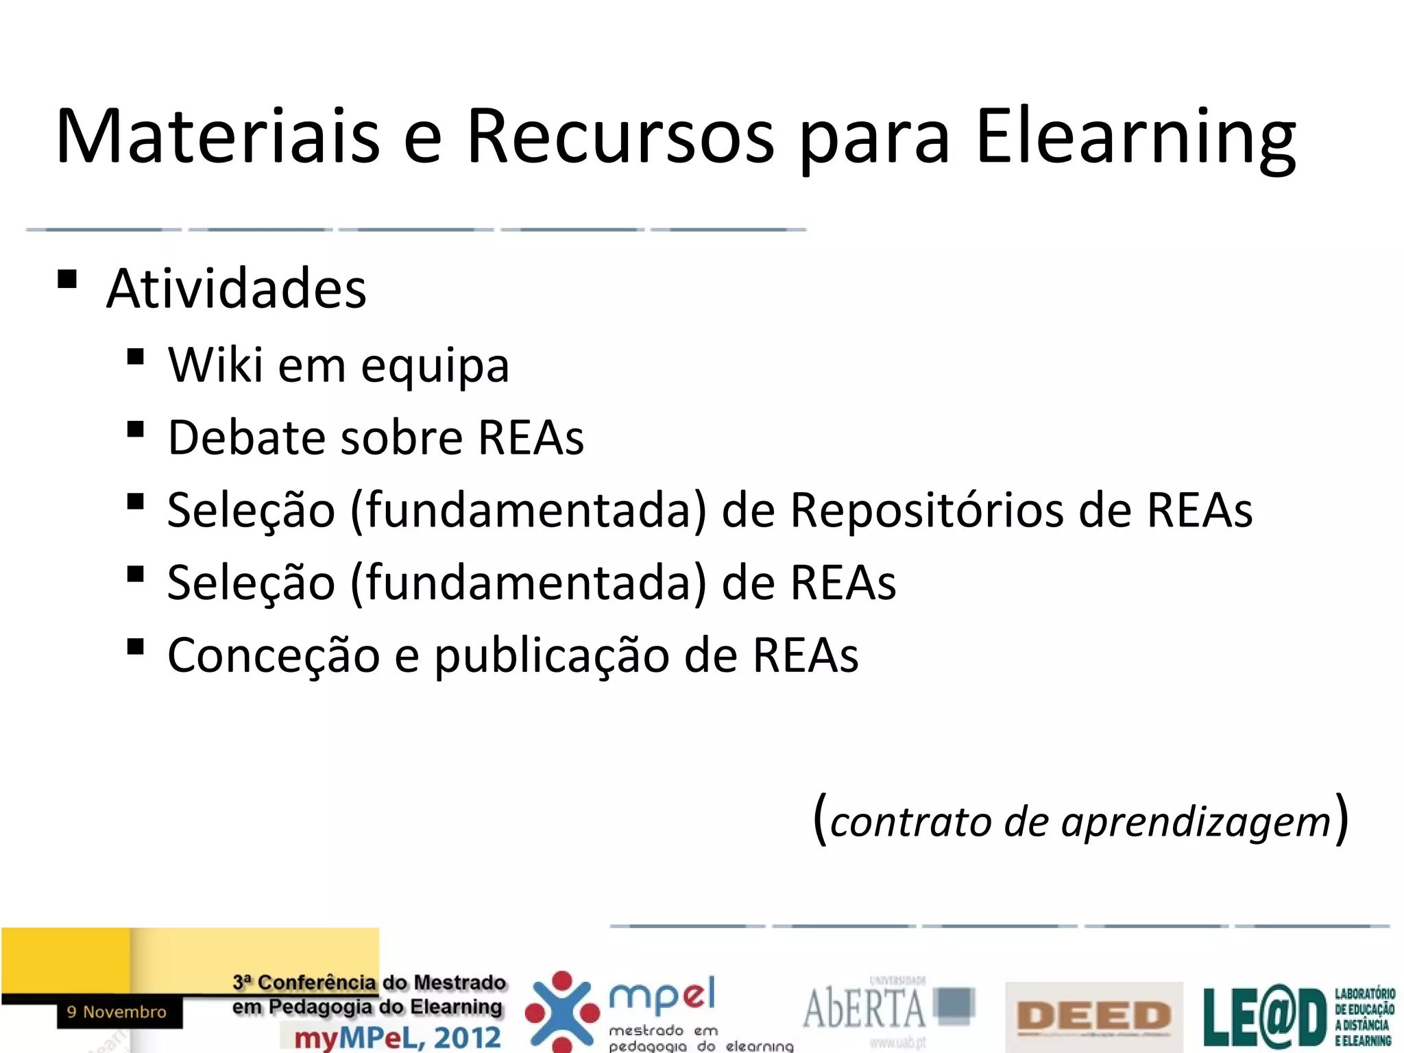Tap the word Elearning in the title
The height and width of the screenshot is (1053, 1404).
coord(1135,136)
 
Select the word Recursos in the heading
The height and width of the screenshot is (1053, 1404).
coord(620,136)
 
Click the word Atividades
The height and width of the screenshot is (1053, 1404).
coord(237,289)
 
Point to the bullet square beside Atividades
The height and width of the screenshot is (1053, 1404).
coord(67,279)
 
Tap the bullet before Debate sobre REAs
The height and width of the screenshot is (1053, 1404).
coord(135,430)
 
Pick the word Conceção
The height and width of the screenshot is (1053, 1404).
coord(273,655)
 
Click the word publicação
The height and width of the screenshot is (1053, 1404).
coord(551,655)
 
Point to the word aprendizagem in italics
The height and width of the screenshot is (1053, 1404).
coord(1196,821)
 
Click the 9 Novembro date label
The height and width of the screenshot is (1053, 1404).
coord(117,1012)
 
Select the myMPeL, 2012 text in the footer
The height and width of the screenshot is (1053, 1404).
coord(398,1037)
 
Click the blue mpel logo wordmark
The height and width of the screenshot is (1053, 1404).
coord(662,995)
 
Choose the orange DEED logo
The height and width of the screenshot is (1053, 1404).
coord(1093,1015)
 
